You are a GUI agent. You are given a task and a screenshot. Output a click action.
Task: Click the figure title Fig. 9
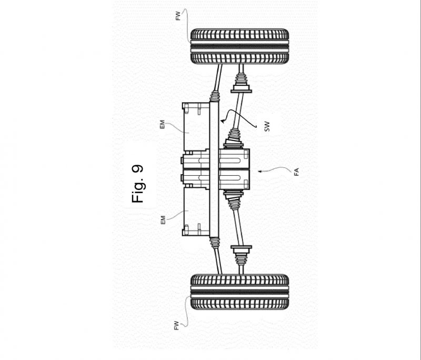pyautogui.click(x=137, y=184)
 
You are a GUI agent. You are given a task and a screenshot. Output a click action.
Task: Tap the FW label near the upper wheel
pyautogui.click(x=178, y=16)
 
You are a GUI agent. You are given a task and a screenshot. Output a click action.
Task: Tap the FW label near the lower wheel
pyautogui.click(x=176, y=325)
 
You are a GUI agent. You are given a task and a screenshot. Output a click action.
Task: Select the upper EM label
pyautogui.click(x=162, y=125)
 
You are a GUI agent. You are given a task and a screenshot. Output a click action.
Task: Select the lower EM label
pyautogui.click(x=163, y=220)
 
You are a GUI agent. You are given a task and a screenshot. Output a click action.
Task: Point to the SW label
pyautogui.click(x=267, y=126)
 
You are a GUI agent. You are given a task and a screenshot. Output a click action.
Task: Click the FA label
pyautogui.click(x=296, y=172)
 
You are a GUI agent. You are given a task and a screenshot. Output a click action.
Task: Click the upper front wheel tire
pyautogui.click(x=239, y=46)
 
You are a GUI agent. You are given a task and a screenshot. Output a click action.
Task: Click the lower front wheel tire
pyautogui.click(x=239, y=292)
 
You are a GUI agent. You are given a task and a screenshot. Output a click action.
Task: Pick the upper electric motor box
pyautogui.click(x=196, y=127)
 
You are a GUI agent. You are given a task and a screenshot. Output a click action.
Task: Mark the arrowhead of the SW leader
pyautogui.click(x=222, y=122)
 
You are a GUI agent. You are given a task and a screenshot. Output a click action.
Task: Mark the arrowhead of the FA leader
pyautogui.click(x=259, y=171)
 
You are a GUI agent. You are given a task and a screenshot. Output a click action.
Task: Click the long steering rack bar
pyautogui.click(x=214, y=169)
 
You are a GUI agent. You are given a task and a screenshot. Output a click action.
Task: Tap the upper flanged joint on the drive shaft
pyautogui.click(x=242, y=88)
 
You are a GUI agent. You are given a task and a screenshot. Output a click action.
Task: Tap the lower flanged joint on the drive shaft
pyautogui.click(x=242, y=249)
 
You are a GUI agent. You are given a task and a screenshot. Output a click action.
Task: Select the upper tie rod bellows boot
pyautogui.click(x=215, y=96)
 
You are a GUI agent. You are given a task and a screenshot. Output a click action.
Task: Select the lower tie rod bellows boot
pyautogui.click(x=215, y=243)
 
